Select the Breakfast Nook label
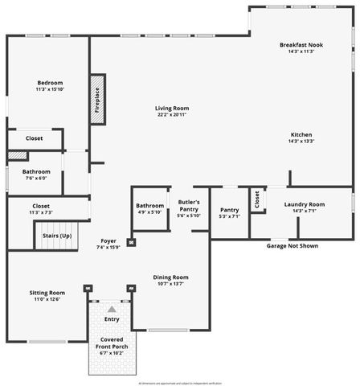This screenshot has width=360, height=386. coord(301,44)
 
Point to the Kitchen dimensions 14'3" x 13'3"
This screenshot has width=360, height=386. coord(301,142)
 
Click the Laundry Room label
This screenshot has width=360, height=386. coord(305,204)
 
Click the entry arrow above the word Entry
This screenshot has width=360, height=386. coord(112,308)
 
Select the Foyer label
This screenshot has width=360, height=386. coord(108,241)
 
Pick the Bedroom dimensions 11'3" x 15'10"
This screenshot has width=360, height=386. coord(50,90)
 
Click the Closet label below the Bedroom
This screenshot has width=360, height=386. coord(35,138)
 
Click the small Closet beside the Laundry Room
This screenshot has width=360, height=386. coord(256,200)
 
